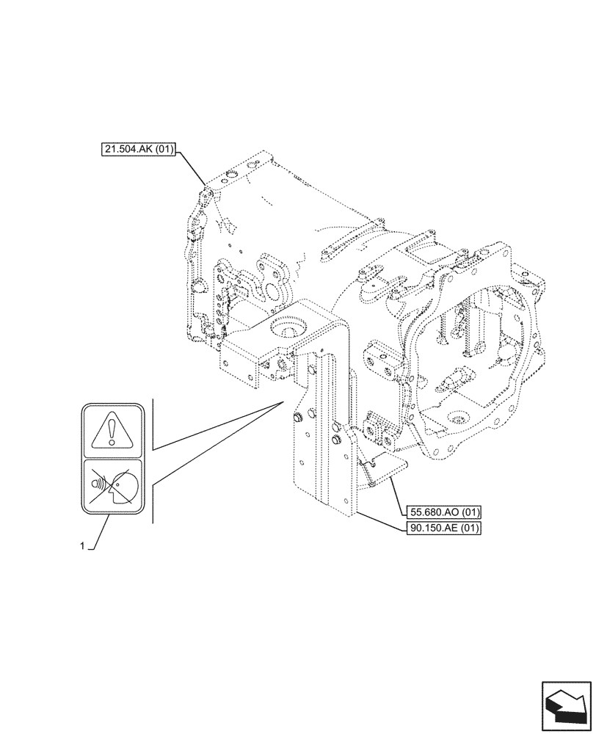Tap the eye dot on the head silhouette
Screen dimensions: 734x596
click(x=117, y=481)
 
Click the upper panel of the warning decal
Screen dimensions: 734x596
click(x=112, y=431)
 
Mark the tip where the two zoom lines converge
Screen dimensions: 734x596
click(x=282, y=402)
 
